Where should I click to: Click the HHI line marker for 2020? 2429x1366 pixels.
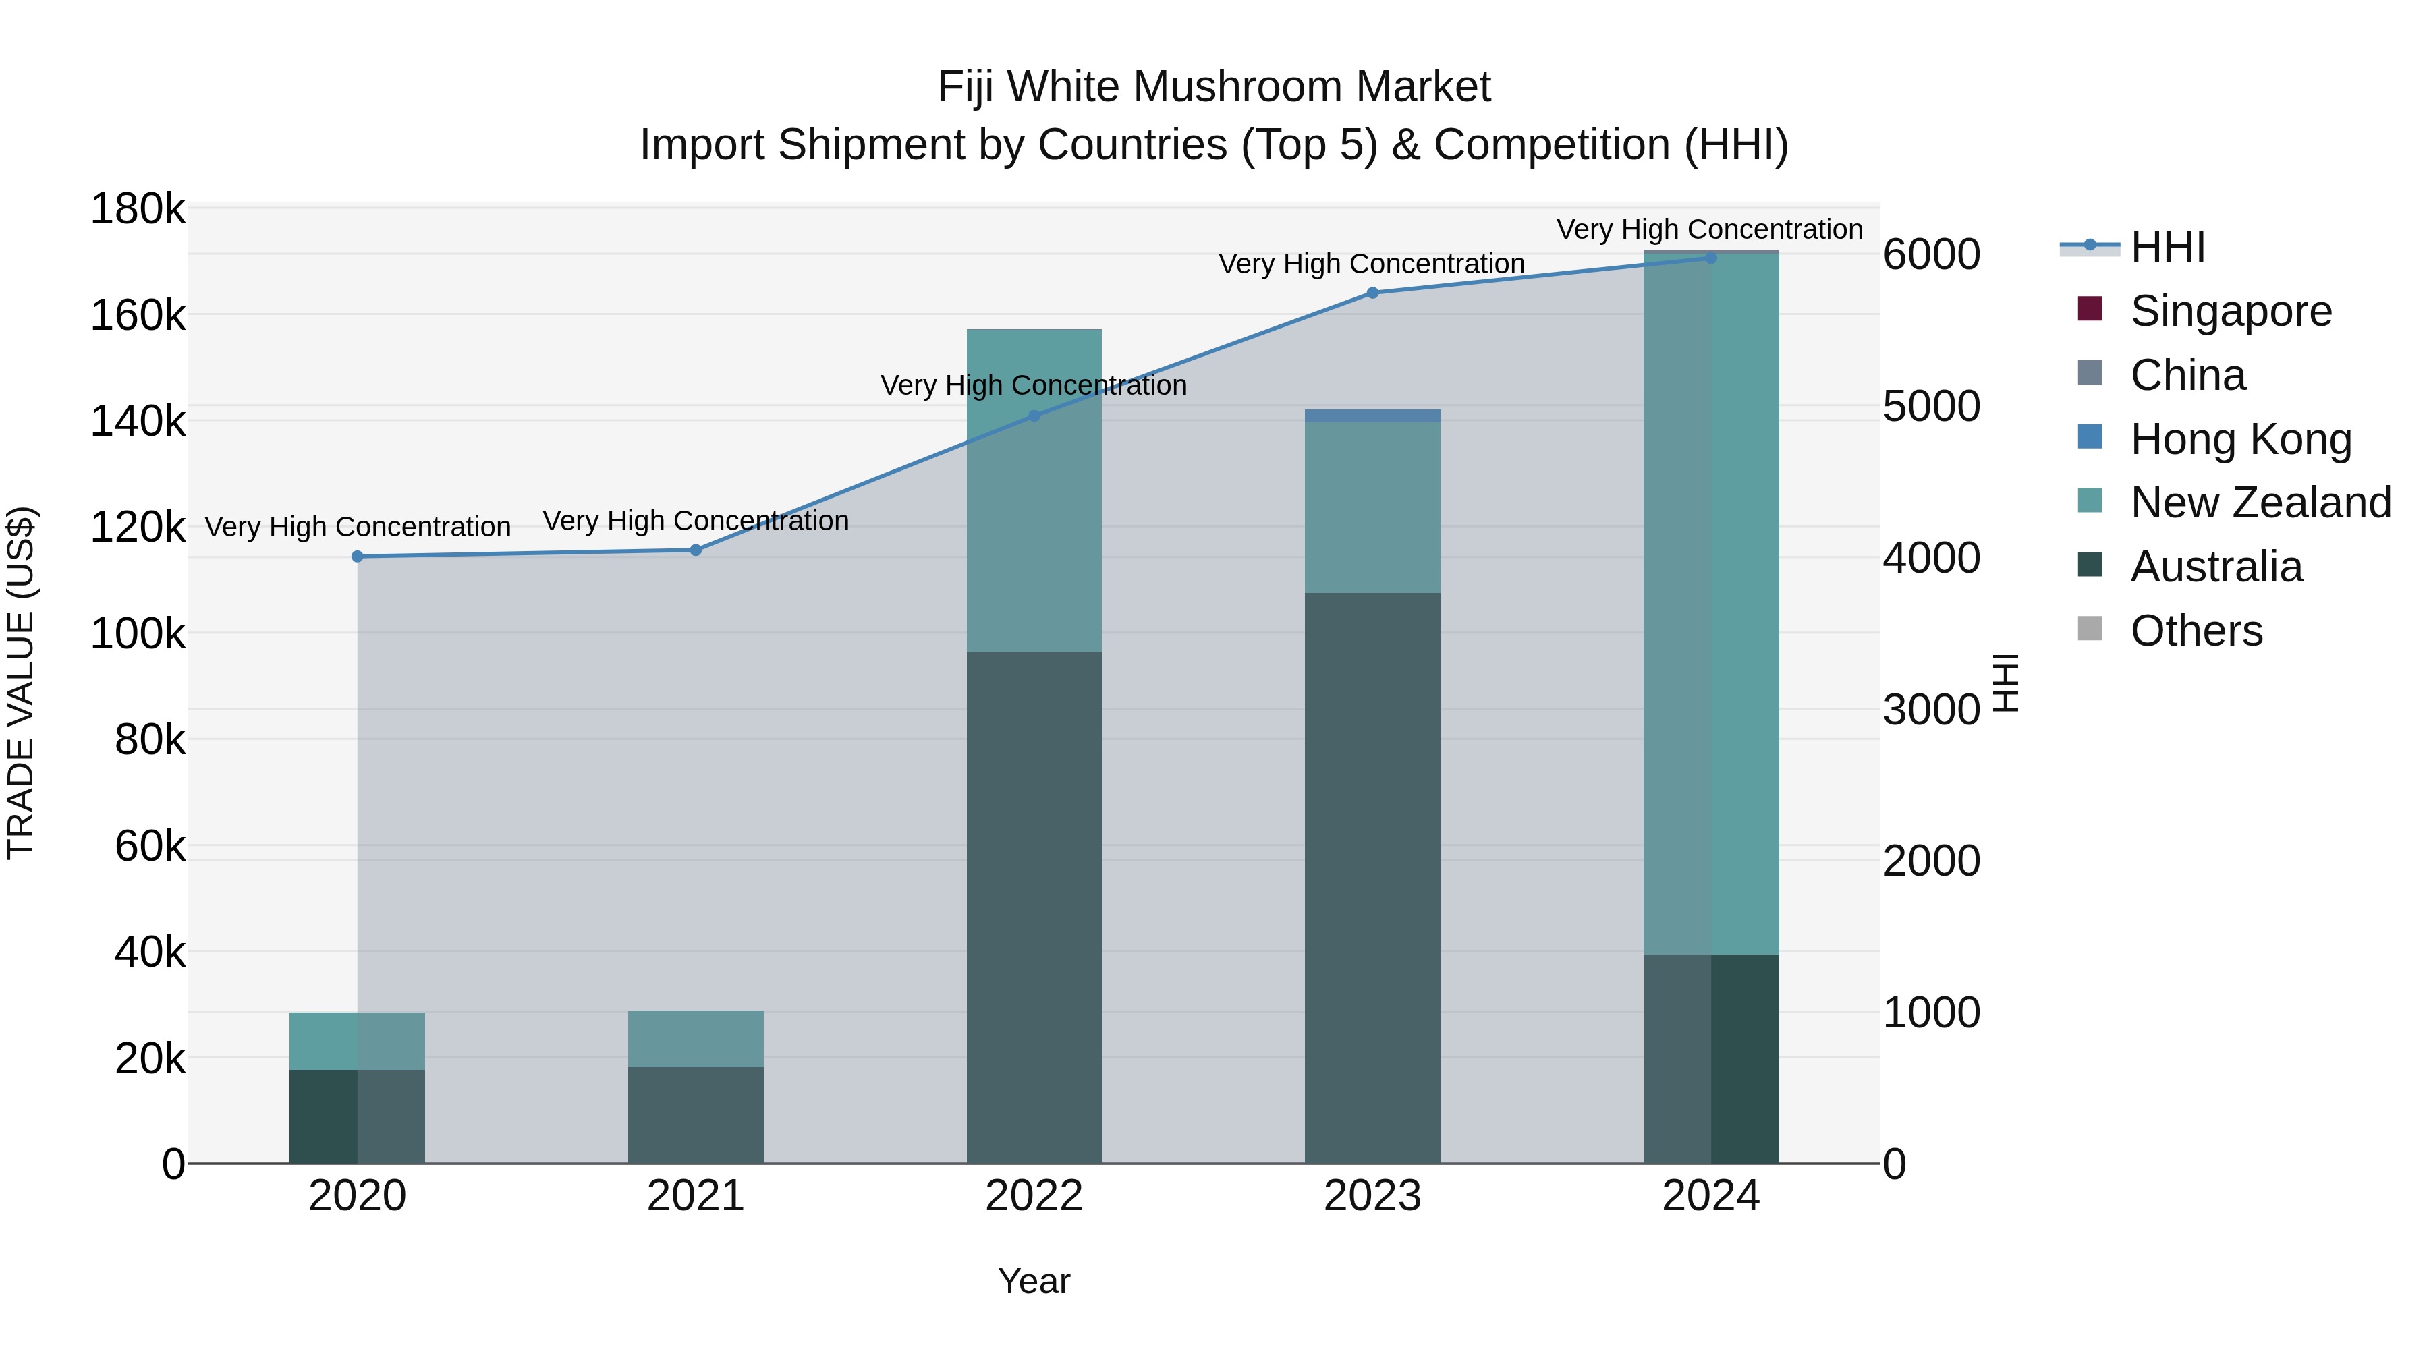click(358, 557)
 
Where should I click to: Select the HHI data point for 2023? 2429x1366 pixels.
click(1372, 293)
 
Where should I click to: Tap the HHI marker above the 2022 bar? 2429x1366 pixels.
click(1034, 416)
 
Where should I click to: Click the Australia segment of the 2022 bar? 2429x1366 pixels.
click(1034, 905)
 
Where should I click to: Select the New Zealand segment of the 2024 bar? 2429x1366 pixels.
click(1710, 603)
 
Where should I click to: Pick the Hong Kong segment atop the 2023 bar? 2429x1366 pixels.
click(1372, 416)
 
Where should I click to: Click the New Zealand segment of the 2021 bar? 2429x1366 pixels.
click(696, 1039)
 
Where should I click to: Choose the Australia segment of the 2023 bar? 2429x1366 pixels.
click(1372, 877)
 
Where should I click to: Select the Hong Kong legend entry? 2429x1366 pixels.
click(2239, 439)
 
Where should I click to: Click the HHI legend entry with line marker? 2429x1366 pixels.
click(2166, 247)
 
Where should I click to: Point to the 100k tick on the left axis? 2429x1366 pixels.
click(138, 633)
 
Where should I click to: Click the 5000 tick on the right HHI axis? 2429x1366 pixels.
click(1931, 406)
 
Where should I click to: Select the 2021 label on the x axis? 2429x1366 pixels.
click(696, 1196)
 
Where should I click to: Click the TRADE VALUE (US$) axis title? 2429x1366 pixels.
click(21, 683)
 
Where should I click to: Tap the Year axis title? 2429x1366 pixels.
click(1034, 1281)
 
